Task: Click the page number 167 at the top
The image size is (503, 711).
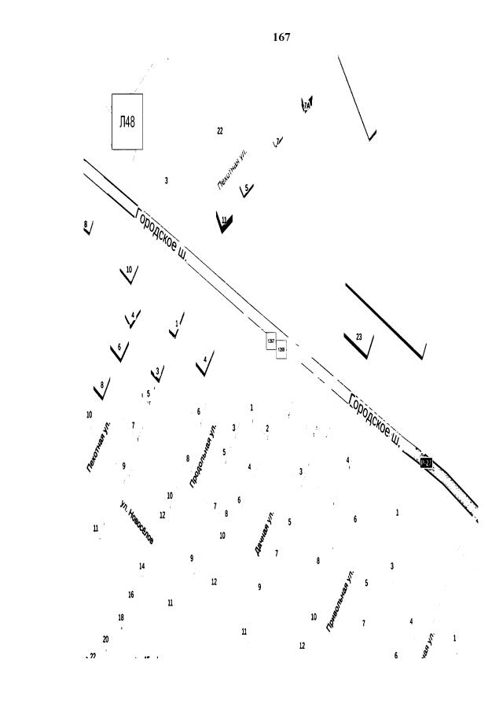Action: tap(281, 37)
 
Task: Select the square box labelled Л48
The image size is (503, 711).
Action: tap(127, 122)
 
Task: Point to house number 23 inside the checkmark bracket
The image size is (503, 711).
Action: tap(359, 337)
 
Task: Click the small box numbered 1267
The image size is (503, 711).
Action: tap(271, 341)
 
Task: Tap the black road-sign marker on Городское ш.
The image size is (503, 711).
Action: tap(426, 462)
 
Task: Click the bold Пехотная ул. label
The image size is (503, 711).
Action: tap(99, 447)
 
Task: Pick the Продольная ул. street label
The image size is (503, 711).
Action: tap(203, 458)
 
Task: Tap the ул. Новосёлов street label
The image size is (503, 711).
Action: tap(137, 521)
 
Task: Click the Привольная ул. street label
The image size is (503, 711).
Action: tap(340, 600)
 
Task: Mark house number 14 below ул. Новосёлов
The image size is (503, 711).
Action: tap(142, 566)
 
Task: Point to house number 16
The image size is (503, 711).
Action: tap(130, 595)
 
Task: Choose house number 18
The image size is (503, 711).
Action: tap(121, 617)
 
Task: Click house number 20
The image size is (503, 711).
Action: tap(105, 639)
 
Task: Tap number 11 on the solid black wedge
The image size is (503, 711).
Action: tap(224, 220)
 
